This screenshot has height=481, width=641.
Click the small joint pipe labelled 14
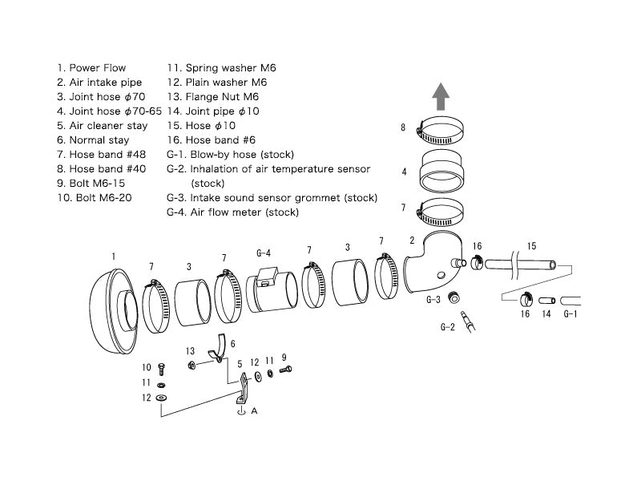[546, 301]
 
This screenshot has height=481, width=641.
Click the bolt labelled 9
[286, 370]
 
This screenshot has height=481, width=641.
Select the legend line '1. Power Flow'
[91, 68]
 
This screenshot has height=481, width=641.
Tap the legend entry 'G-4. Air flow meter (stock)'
[232, 212]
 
